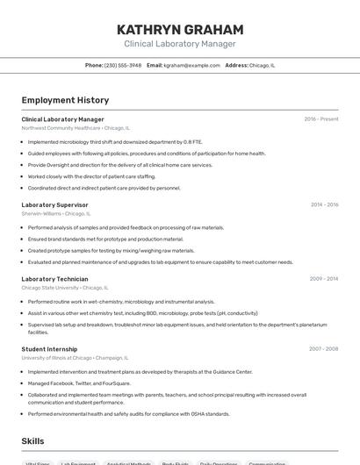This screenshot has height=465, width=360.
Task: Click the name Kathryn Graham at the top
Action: click(x=180, y=29)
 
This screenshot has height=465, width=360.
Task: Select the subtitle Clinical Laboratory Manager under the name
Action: click(x=180, y=43)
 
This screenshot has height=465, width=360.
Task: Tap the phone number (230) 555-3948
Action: click(x=123, y=65)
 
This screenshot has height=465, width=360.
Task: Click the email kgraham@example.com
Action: click(x=191, y=65)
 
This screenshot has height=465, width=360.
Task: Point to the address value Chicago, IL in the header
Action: click(x=262, y=65)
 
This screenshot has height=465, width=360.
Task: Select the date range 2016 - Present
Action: click(x=321, y=119)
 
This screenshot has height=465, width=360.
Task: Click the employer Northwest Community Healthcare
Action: click(x=61, y=128)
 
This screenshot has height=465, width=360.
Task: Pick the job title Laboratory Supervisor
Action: click(x=54, y=204)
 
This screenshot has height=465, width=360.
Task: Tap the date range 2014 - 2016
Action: click(x=324, y=204)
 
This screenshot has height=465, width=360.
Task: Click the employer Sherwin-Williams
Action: click(x=41, y=213)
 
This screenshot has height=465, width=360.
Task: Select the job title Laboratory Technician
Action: click(x=56, y=279)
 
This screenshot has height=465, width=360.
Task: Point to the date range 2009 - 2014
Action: click(x=324, y=279)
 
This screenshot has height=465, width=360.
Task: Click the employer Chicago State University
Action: click(x=50, y=288)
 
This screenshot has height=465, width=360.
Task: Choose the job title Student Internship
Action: click(x=51, y=348)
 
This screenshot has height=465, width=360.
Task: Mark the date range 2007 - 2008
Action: click(x=323, y=348)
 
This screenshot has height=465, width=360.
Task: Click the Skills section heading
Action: click(x=32, y=441)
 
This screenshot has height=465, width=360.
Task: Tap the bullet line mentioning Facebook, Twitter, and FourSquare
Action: click(x=79, y=383)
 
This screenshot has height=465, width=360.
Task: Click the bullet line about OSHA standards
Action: click(x=128, y=414)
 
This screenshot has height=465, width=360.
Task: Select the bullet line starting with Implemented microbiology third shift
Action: click(x=114, y=141)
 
